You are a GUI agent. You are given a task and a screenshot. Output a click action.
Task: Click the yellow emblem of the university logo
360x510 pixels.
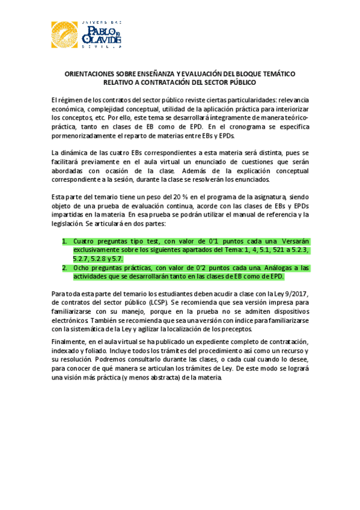64,34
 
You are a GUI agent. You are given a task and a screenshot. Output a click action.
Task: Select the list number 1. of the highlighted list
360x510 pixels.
66,241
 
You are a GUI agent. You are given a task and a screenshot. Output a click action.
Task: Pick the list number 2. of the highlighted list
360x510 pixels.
66,268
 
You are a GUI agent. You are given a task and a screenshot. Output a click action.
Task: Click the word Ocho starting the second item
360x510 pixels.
82,268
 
